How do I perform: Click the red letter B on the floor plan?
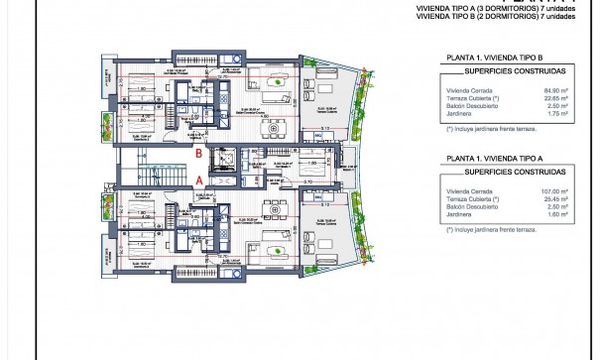(x=199, y=154)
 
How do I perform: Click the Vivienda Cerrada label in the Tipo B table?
(x=466, y=90)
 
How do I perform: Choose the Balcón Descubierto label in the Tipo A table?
(x=470, y=206)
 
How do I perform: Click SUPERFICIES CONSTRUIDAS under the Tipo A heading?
(x=496, y=173)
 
